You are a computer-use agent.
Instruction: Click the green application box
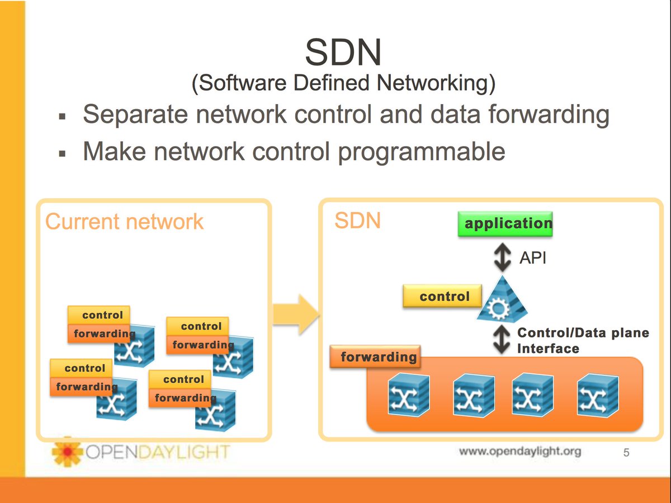pos(505,224)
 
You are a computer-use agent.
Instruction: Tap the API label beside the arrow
pos(532,258)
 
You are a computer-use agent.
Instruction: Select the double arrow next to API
pos(502,257)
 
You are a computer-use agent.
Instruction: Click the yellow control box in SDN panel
pos(442,296)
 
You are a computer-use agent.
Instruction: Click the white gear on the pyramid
pos(498,308)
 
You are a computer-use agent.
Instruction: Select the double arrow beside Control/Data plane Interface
pos(502,340)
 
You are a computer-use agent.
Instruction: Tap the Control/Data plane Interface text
pos(583,341)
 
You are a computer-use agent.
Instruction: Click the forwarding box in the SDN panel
pos(375,356)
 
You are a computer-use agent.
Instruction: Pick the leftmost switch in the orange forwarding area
pos(409,395)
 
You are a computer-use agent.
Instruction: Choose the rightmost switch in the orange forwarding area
pos(598,396)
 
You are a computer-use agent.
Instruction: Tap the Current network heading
pos(124,222)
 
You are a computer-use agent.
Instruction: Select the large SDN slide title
pos(343,52)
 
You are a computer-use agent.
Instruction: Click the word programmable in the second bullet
pos(421,152)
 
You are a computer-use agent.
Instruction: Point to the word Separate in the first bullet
pos(135,115)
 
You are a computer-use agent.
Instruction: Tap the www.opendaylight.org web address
pos(520,452)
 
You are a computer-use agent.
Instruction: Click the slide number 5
pos(626,453)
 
